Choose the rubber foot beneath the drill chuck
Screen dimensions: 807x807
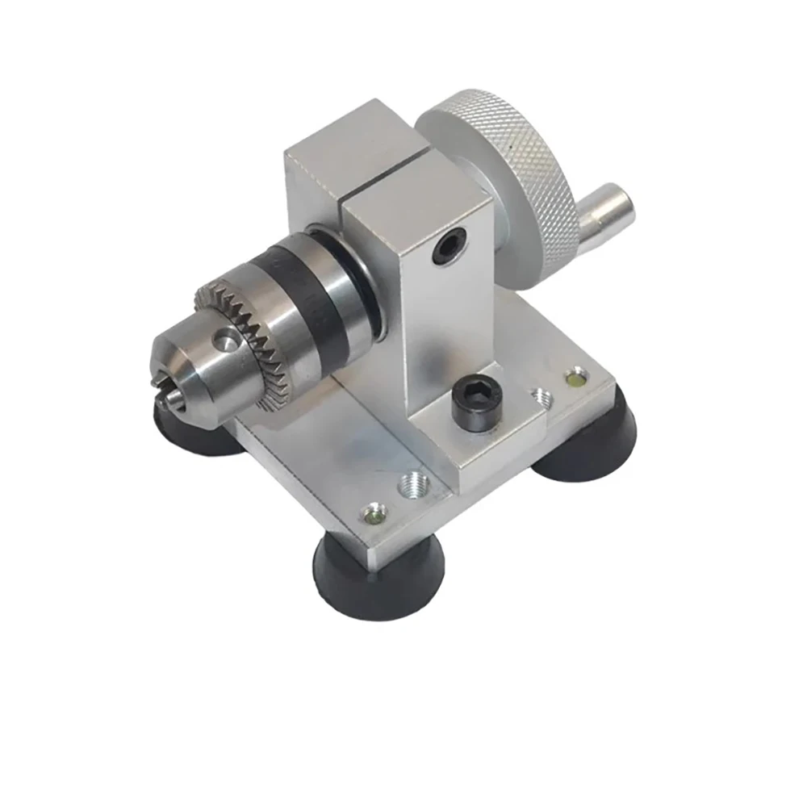click(194, 432)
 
